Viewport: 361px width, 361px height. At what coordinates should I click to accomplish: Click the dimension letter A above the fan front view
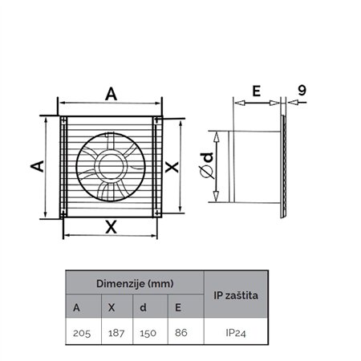point(112,95)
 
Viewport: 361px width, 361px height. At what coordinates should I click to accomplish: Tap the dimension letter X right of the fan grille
point(171,167)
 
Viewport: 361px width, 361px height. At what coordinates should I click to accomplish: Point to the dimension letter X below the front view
point(112,227)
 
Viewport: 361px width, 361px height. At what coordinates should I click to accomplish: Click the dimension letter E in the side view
point(256,91)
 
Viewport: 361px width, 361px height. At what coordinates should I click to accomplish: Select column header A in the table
point(76,306)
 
